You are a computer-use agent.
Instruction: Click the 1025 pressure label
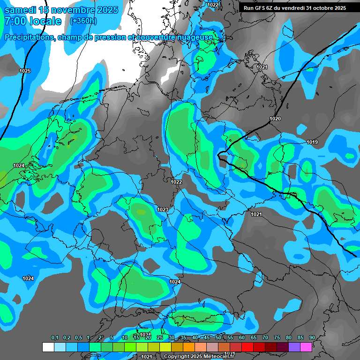click(25, 71)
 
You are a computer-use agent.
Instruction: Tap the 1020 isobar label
click(275, 119)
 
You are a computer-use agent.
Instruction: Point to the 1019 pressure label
click(312, 142)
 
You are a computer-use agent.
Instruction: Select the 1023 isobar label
click(163, 210)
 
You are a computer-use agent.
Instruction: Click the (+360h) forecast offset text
click(83, 21)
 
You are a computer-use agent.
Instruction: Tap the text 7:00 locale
click(32, 21)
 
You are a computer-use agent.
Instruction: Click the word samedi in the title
click(20, 10)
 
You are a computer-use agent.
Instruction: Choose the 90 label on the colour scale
click(312, 338)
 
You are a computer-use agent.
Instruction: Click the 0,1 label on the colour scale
click(54, 338)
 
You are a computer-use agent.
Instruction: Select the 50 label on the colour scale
click(218, 338)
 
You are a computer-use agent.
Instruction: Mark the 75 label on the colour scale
click(277, 338)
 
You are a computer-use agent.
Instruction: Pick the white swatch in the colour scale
click(48, 347)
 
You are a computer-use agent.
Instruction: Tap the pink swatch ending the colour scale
click(306, 347)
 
